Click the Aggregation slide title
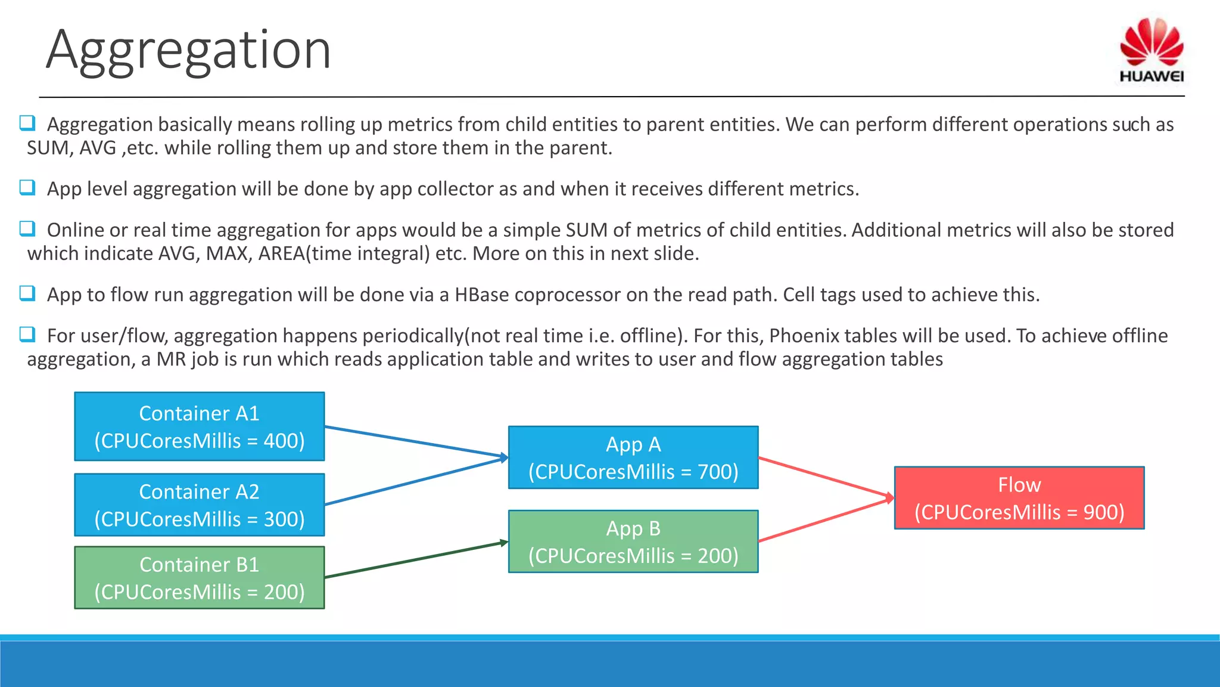188,50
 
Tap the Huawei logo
1151,50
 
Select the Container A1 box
199,426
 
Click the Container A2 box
199,505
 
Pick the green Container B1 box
199,577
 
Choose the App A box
633,457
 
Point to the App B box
633,541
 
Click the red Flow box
1019,498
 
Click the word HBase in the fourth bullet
481,295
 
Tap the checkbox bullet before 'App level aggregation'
27,188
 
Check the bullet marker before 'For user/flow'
27,335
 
